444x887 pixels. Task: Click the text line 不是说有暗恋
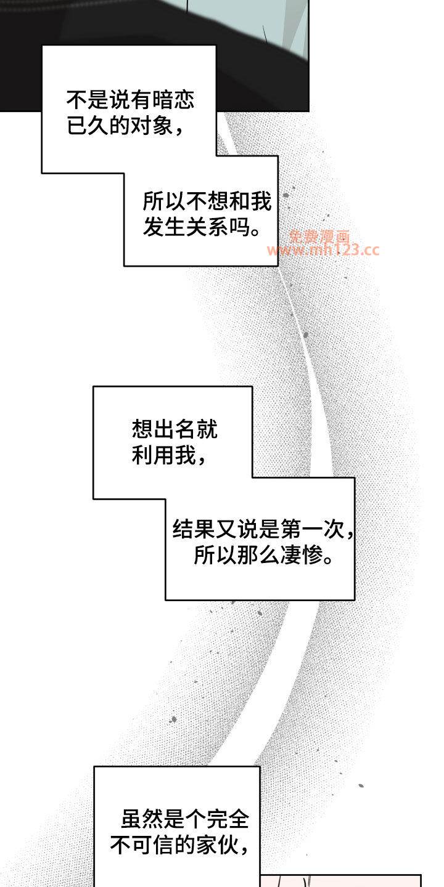tap(131, 100)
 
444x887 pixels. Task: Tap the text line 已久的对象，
tap(125, 126)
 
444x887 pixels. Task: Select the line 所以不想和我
tap(207, 201)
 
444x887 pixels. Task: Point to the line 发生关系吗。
tap(202, 227)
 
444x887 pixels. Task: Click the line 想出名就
tap(175, 429)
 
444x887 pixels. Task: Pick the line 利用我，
tap(169, 455)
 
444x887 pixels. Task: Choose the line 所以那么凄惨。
tap(263, 555)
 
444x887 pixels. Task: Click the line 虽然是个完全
tap(185, 819)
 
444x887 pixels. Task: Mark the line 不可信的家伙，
tap(179, 845)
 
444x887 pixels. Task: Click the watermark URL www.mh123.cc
tap(324, 250)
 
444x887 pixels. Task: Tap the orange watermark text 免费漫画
tap(319, 237)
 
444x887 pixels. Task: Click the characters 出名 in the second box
tap(175, 429)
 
